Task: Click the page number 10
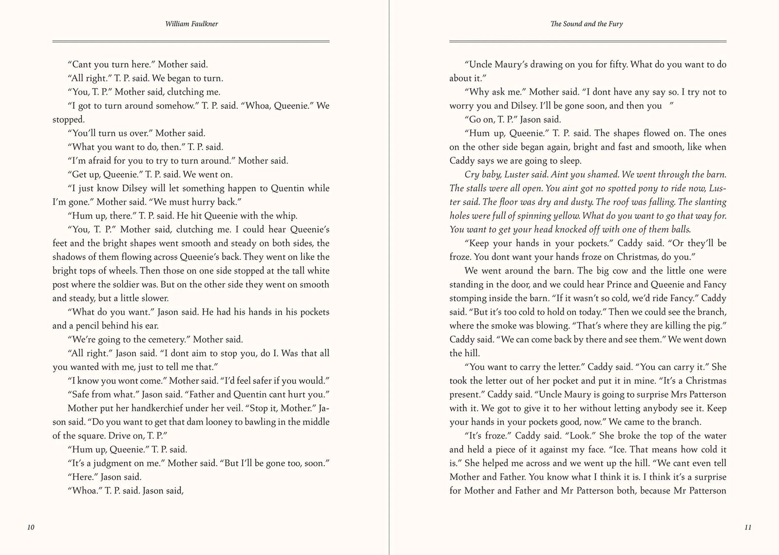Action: point(31,527)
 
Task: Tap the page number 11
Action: point(748,527)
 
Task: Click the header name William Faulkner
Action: point(191,24)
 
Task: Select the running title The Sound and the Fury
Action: point(587,24)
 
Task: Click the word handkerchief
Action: point(141,408)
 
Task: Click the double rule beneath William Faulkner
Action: point(191,41)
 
